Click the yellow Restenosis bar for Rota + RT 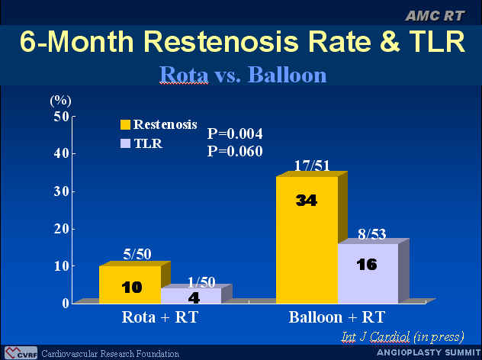click(130, 284)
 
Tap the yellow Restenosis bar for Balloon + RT click(307, 240)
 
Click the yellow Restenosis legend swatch click(125, 124)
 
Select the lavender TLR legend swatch click(125, 143)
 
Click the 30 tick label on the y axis click(61, 191)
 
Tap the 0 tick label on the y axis click(66, 303)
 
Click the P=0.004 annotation click(235, 133)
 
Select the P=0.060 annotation click(235, 151)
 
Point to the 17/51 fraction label click(312, 166)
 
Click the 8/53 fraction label click(372, 234)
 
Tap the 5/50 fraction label click(137, 254)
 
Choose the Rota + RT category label click(160, 317)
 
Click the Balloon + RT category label click(337, 317)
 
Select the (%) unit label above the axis click(60, 101)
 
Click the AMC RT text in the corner click(435, 16)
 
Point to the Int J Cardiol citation click(403, 337)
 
